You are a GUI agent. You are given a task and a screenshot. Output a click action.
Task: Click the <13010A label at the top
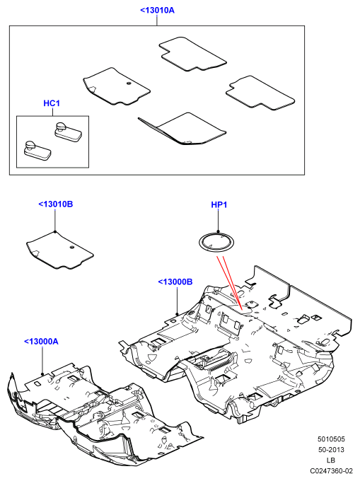(x=157, y=11)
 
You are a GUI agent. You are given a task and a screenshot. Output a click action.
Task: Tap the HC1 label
(x=52, y=103)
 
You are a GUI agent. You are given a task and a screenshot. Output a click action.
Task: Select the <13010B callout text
(x=55, y=204)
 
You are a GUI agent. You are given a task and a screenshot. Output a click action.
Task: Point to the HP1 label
(x=219, y=204)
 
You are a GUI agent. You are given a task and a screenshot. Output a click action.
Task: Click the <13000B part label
(x=175, y=282)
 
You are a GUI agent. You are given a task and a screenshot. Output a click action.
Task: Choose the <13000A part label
(x=41, y=341)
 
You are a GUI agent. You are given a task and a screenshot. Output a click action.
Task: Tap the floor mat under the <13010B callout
(x=60, y=250)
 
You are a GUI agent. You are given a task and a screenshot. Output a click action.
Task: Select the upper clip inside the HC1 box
(x=69, y=132)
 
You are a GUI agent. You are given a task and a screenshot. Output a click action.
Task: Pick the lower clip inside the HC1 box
(x=37, y=151)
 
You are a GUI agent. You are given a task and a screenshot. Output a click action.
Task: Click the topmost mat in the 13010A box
(x=192, y=54)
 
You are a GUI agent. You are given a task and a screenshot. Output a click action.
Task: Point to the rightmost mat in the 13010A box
(x=260, y=93)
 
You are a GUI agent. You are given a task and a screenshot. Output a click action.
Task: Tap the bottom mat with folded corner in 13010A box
(x=182, y=129)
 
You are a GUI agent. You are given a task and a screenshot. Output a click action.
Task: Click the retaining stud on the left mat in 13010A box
(x=129, y=83)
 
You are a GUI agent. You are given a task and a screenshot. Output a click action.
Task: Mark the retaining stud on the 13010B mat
(x=71, y=248)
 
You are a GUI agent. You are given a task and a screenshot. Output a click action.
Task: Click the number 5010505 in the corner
(x=331, y=439)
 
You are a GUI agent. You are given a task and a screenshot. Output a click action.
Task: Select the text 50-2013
(x=331, y=450)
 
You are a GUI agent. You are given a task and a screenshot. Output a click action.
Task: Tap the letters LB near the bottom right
(x=331, y=460)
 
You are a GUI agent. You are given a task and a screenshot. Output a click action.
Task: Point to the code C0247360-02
(x=331, y=470)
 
